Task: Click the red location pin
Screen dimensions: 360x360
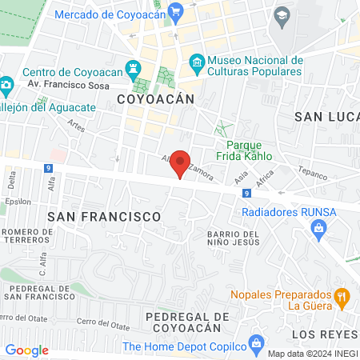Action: point(181,163)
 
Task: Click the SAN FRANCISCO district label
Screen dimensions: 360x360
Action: point(104,216)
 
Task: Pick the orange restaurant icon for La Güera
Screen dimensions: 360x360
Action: point(342,298)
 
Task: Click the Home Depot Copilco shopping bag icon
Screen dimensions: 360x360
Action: point(256,346)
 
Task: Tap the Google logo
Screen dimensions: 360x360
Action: point(26,350)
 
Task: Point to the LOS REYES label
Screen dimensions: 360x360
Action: point(325,333)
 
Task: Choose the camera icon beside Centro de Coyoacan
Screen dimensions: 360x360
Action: point(6,84)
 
